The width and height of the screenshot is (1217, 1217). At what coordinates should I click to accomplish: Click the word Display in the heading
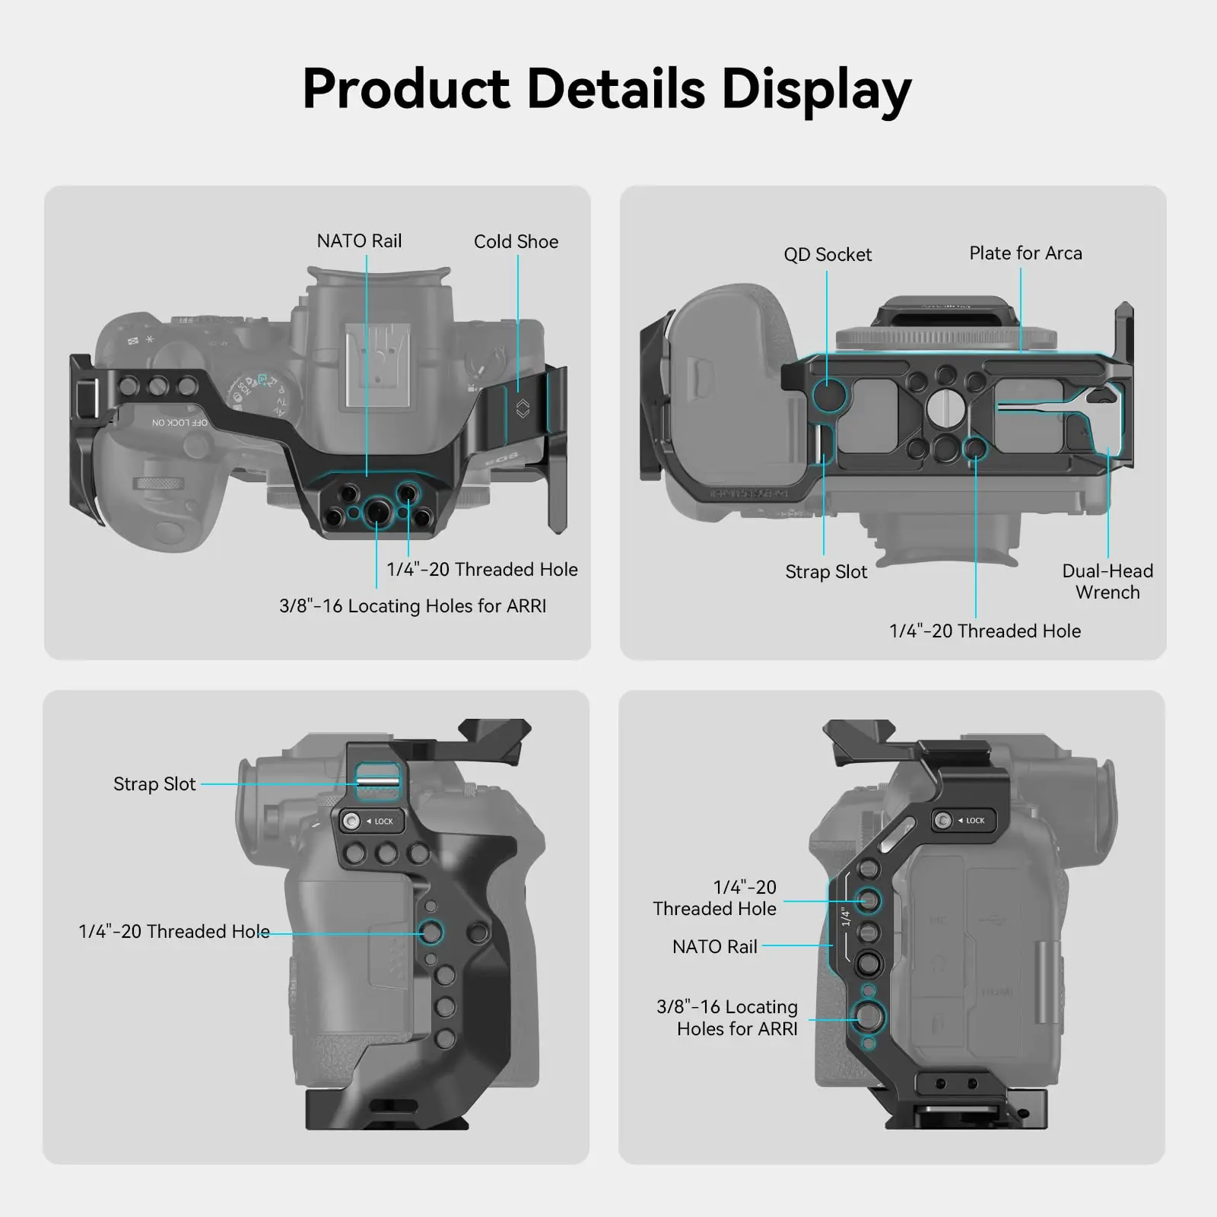coord(815,90)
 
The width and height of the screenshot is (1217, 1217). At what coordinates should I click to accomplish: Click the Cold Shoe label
coord(516,242)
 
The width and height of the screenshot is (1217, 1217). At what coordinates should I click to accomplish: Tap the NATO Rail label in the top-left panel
coord(359,241)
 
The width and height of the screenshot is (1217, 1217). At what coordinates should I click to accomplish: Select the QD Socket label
coord(828,255)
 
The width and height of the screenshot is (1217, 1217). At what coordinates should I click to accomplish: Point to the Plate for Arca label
coord(1025,253)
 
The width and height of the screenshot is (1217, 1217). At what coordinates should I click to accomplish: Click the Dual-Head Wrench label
coord(1107,582)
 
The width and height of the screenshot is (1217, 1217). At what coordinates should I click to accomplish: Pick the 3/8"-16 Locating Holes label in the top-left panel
coord(412,606)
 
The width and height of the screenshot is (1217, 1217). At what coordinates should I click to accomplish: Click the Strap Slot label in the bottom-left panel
coord(154,784)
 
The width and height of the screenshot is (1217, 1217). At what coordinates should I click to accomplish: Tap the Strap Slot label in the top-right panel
coord(826,572)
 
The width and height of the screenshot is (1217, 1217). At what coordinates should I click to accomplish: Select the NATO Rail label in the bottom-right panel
coord(714,947)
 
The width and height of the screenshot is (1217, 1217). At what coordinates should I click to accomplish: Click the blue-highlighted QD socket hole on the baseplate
coord(828,395)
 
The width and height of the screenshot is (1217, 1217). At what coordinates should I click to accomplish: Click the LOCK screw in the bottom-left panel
coord(351,821)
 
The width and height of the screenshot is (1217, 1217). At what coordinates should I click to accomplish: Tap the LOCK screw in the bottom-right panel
coord(943,821)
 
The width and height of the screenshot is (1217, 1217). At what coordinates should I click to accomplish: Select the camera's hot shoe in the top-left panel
coord(377,365)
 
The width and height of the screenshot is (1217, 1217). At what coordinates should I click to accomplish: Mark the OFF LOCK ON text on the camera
coord(180,423)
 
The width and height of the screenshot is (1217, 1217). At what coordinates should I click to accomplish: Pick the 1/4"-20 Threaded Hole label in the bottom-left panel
coord(174,932)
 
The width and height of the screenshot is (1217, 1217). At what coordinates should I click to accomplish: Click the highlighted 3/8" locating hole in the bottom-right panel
coord(869,1016)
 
